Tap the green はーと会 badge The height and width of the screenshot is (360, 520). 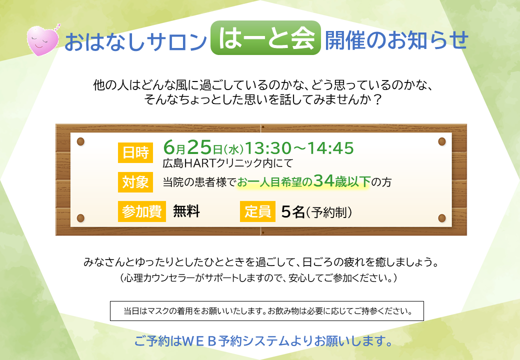tap(265, 38)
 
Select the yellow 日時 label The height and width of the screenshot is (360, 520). tap(135, 152)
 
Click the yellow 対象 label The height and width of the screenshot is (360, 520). tap(135, 182)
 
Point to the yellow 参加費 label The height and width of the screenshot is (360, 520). tap(142, 211)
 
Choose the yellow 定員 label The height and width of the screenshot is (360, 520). tap(257, 211)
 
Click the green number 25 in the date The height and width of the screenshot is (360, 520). tap(199, 147)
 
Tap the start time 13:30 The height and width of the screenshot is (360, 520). tap(268, 148)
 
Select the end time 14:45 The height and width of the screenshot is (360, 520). tap(330, 148)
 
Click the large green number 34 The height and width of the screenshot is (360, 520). tap(323, 180)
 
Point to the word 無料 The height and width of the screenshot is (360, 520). tap(186, 211)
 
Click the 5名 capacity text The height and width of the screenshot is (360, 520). tap(293, 211)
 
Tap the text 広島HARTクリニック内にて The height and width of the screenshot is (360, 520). tap(228, 163)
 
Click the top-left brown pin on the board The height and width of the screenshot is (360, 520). tap(80, 141)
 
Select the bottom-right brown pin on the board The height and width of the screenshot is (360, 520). tap(441, 218)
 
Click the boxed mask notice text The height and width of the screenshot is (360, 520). tap(267, 311)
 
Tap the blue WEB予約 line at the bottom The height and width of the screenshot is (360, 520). tap(263, 341)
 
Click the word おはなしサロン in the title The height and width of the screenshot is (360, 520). tap(135, 41)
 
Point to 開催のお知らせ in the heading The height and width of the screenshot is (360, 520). tap(396, 40)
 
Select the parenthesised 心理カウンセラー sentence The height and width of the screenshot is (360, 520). tap(258, 278)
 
